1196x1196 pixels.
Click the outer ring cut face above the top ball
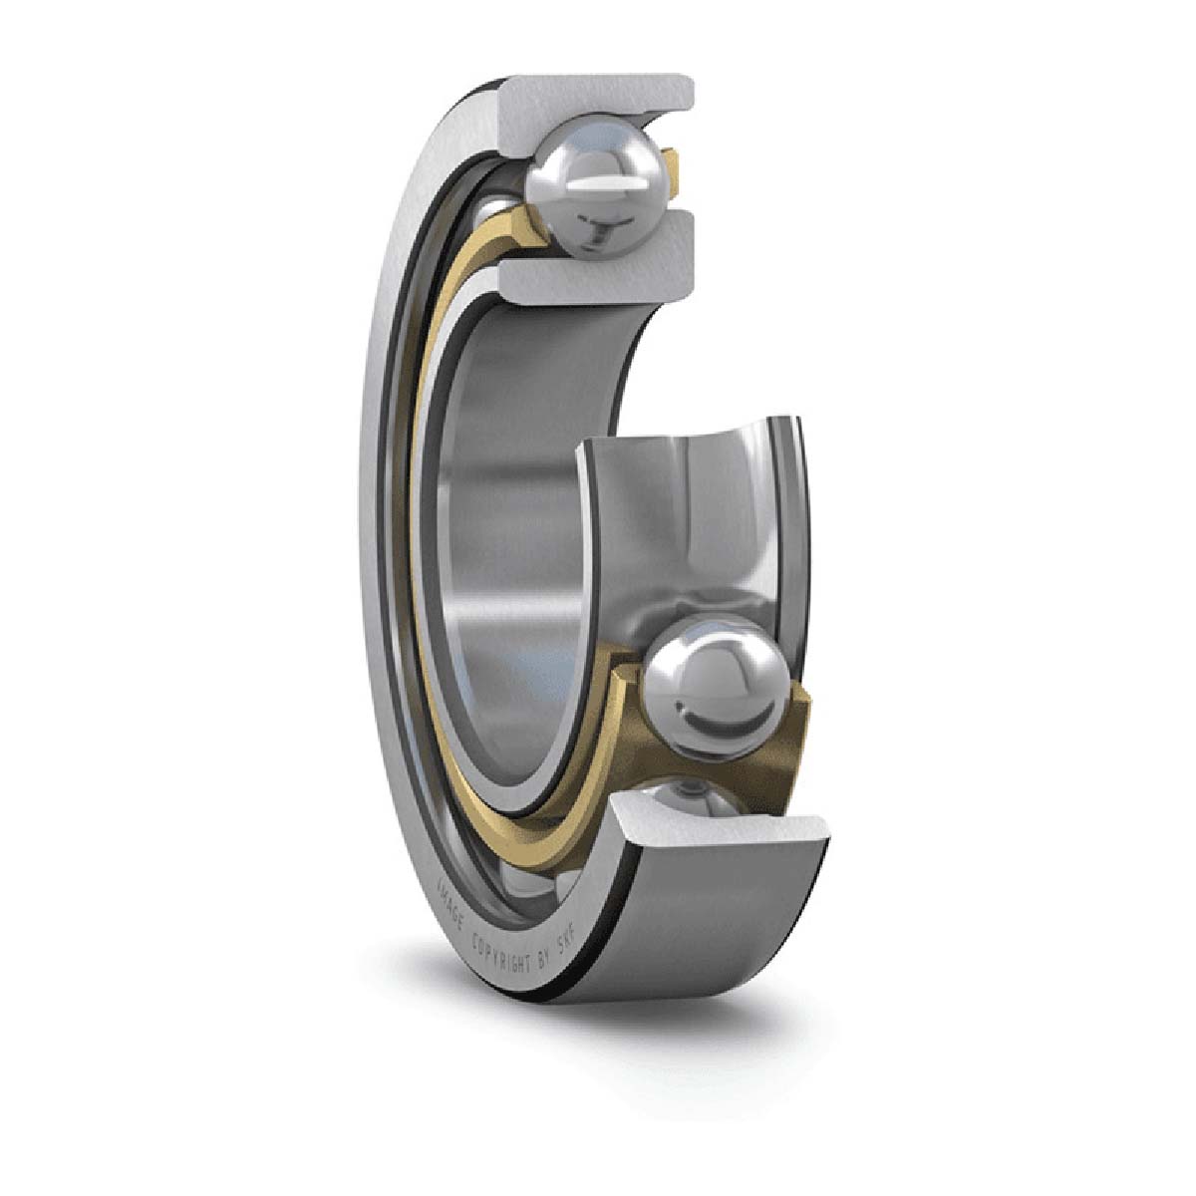[x=598, y=100]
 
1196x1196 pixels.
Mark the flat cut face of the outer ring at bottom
[x=723, y=833]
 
